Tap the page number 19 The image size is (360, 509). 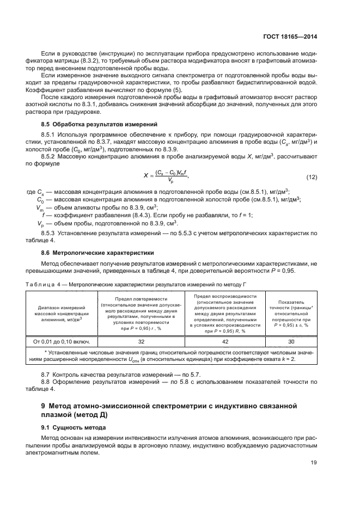click(x=313, y=463)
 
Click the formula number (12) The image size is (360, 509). click(x=311, y=177)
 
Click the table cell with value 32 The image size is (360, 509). click(x=141, y=341)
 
